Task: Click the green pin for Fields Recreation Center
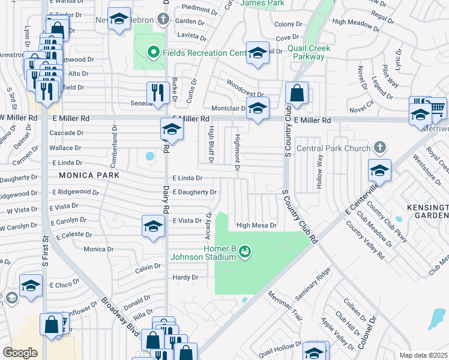pyautogui.click(x=152, y=53)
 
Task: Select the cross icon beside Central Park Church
pyautogui.click(x=379, y=147)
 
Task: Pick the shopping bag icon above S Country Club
pyautogui.click(x=297, y=92)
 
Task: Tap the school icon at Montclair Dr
pyautogui.click(x=258, y=109)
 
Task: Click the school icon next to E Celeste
pyautogui.click(x=153, y=226)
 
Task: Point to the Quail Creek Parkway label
pyautogui.click(x=306, y=52)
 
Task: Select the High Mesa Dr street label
pyautogui.click(x=256, y=226)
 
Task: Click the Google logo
pyautogui.click(x=20, y=353)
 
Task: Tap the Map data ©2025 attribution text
pyautogui.click(x=423, y=355)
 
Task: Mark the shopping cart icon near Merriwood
pyautogui.click(x=438, y=107)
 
